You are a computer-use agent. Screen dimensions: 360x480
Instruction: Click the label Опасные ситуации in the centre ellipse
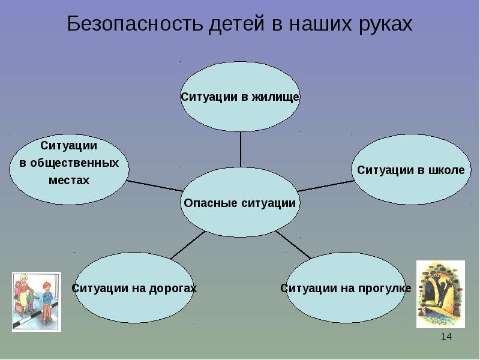point(240,203)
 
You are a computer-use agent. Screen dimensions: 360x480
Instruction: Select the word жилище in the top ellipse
point(275,97)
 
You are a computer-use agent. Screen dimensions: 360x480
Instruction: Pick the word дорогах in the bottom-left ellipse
point(173,289)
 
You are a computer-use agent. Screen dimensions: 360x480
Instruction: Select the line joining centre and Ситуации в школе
point(327,185)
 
